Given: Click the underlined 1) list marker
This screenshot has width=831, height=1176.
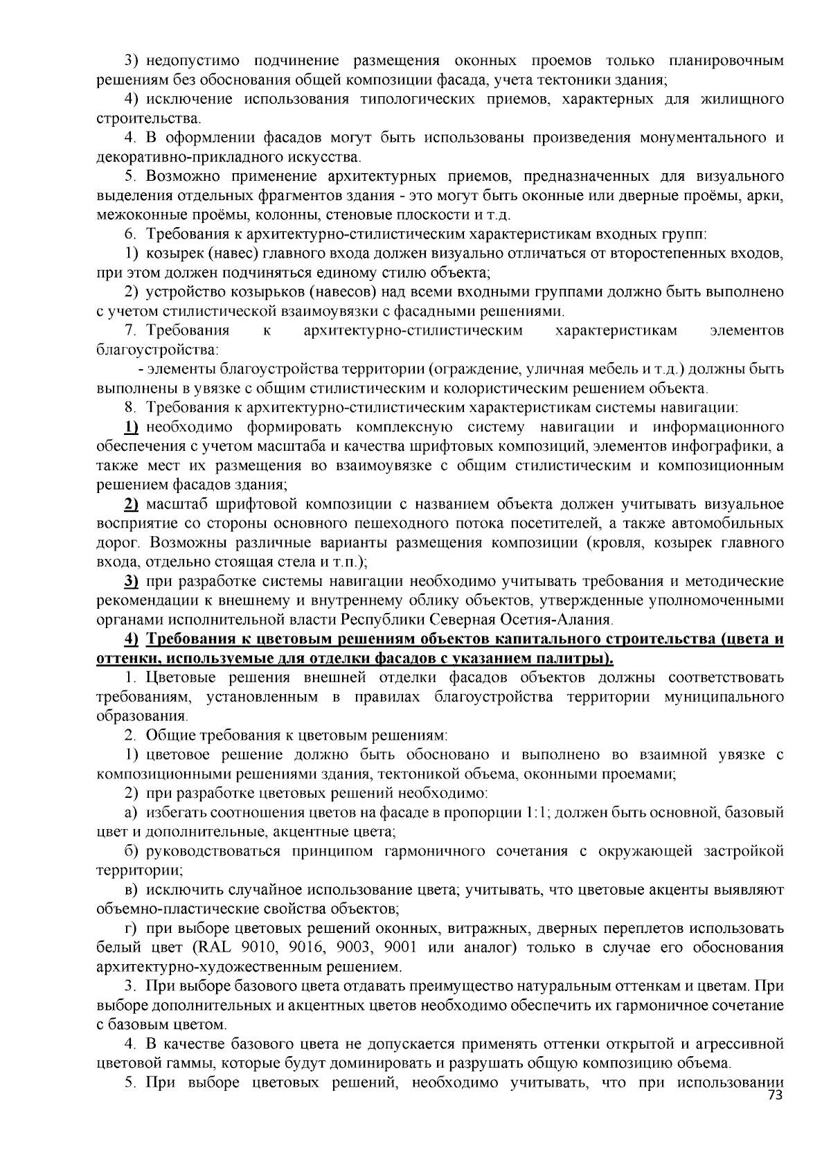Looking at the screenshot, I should tap(132, 426).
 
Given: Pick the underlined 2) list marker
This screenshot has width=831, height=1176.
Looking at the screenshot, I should tap(132, 504).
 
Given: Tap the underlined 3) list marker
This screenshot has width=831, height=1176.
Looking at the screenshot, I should tap(132, 581).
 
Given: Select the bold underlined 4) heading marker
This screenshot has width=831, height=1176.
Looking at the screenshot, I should tap(132, 639).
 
